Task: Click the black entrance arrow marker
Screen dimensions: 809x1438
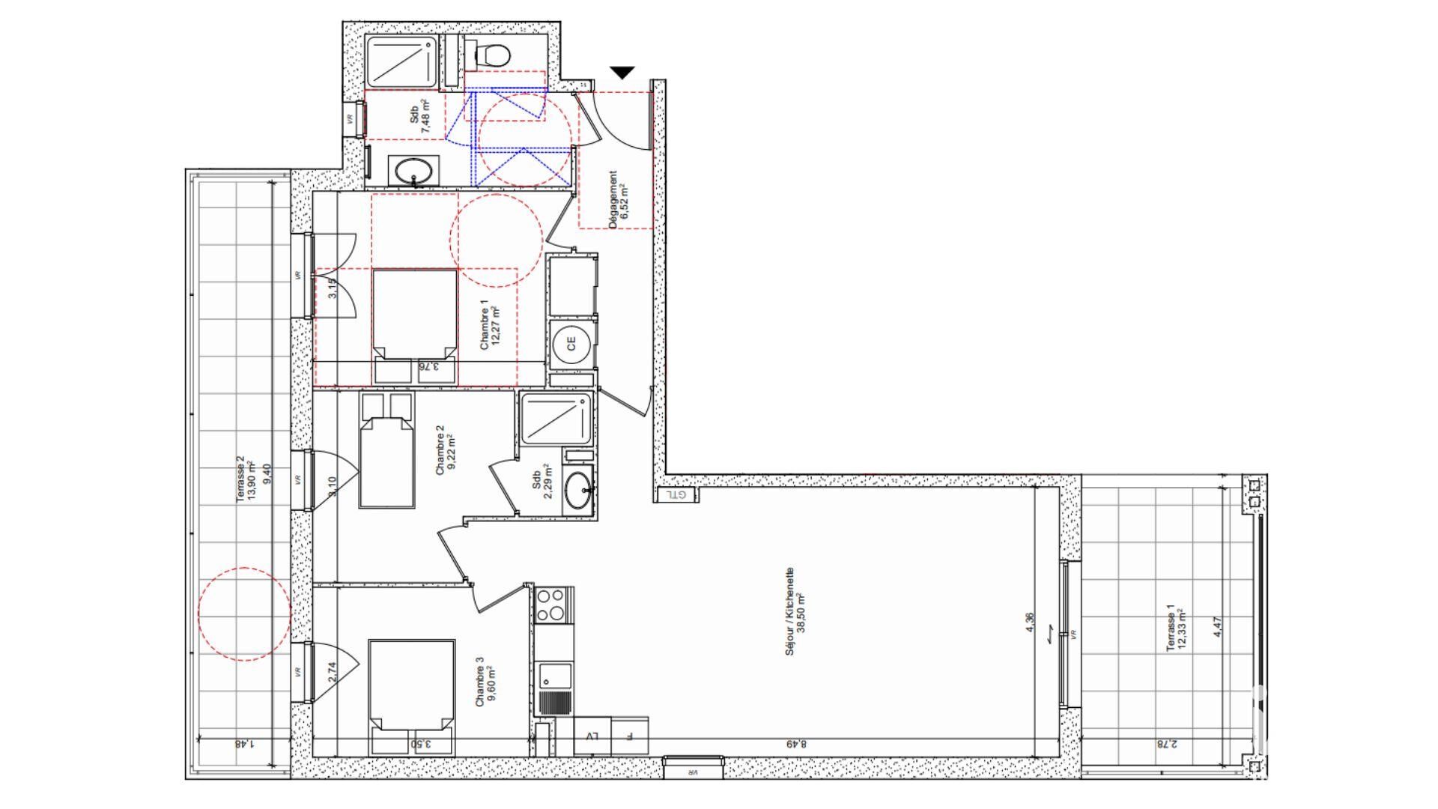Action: click(x=622, y=73)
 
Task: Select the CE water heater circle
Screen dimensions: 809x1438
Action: click(x=571, y=345)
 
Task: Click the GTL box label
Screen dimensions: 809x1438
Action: click(x=678, y=495)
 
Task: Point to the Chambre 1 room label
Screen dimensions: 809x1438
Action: click(x=485, y=324)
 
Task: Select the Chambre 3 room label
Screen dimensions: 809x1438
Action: click(x=479, y=682)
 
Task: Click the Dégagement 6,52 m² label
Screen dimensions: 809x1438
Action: click(x=619, y=199)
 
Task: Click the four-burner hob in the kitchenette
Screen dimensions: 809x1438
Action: click(x=552, y=605)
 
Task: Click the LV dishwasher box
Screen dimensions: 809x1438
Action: click(x=592, y=736)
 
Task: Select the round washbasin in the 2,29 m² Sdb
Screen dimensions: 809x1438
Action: click(x=578, y=491)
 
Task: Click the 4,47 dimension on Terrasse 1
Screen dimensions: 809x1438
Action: click(x=1218, y=627)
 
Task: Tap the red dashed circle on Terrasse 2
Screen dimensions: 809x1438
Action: click(x=244, y=613)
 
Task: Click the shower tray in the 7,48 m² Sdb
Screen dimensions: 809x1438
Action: click(x=401, y=61)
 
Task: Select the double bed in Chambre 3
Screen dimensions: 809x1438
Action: click(x=412, y=684)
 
